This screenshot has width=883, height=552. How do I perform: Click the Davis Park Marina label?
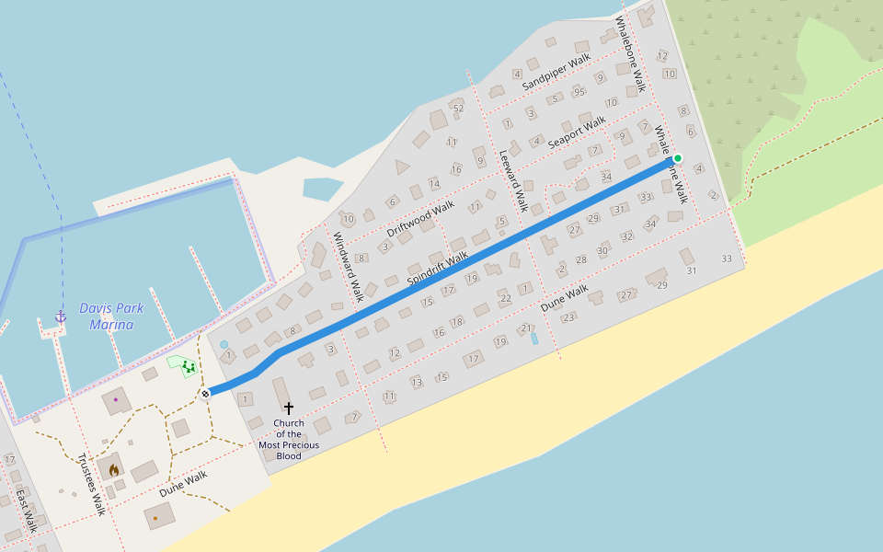[x=111, y=316]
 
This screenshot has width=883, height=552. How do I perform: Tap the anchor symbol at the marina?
[x=61, y=316]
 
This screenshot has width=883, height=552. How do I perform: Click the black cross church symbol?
[x=289, y=408]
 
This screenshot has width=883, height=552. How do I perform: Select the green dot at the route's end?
[x=678, y=158]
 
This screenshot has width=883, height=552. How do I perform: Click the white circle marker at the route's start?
[x=205, y=394]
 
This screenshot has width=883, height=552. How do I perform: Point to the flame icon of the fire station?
[x=114, y=469]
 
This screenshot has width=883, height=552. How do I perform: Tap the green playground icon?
[x=188, y=367]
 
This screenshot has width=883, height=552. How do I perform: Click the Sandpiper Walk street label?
[x=556, y=73]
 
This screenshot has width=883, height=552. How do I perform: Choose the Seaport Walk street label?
[x=577, y=132]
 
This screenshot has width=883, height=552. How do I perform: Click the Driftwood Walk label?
[x=420, y=219]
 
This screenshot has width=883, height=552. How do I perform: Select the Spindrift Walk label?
[x=437, y=267]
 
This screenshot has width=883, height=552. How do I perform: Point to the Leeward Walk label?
[x=513, y=180]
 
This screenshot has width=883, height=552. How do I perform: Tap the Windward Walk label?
[x=349, y=267]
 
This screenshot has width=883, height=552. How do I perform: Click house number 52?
[x=458, y=109]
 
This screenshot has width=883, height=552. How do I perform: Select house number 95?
[x=579, y=92]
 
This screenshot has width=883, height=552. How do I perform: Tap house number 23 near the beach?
[x=568, y=317]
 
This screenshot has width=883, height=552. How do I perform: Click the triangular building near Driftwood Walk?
[x=401, y=167]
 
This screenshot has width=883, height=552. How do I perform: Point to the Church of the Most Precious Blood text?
[x=289, y=440]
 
